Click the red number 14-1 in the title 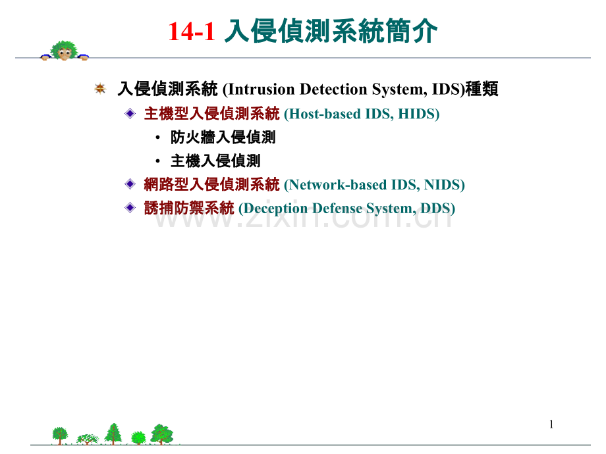191,32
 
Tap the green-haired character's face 65,53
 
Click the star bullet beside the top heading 100,88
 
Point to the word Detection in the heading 333,89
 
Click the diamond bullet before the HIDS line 130,113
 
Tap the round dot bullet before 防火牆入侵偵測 157,138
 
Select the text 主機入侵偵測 215,161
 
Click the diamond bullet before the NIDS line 130,184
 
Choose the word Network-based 337,185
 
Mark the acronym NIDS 442,185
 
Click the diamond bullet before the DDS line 130,208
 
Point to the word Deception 275,209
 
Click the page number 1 551,424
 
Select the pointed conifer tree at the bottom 113,434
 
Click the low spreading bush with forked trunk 88,439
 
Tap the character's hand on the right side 83,57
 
